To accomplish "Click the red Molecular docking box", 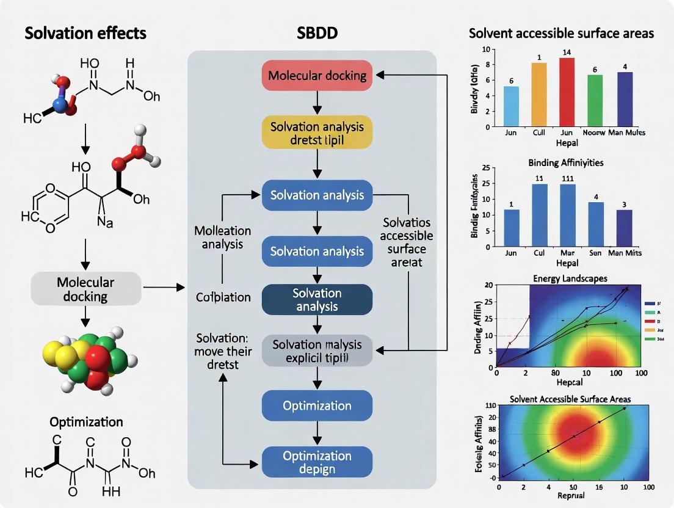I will (317, 76).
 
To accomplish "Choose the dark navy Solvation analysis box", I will (317, 299).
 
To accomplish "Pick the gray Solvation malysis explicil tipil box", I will (317, 350).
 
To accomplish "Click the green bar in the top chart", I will (595, 101).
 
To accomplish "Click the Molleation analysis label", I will (222, 238).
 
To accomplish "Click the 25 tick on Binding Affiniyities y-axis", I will (486, 169).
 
